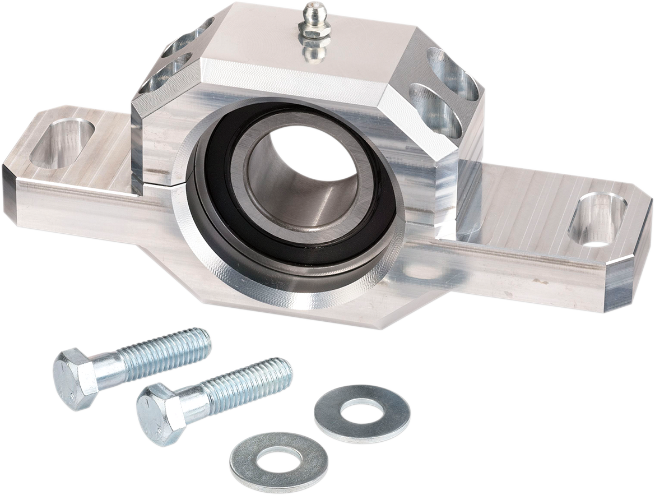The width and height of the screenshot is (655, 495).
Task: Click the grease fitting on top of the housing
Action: (315, 25)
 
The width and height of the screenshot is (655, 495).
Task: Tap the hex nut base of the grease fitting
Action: (315, 34)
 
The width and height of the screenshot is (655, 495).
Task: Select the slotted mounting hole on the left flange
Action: (62, 144)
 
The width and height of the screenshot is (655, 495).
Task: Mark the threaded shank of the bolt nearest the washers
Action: (247, 381)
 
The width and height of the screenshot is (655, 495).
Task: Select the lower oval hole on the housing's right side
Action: (436, 109)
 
